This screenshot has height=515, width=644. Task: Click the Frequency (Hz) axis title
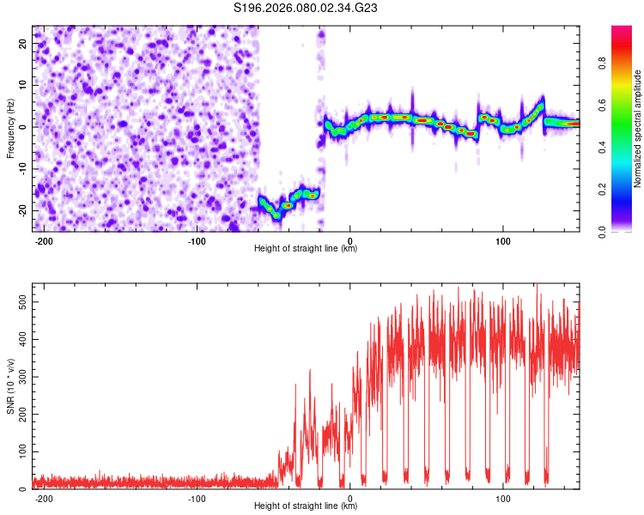(10, 129)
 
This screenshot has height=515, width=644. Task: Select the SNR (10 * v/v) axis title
(10, 385)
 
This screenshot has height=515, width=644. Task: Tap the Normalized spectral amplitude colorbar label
(638, 129)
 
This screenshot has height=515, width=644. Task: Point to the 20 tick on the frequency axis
(24, 43)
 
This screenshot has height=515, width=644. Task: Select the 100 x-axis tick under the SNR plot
(503, 498)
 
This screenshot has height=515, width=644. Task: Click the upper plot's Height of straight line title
(306, 249)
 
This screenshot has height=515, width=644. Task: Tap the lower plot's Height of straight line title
(306, 506)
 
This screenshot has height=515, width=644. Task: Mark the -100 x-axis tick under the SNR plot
(197, 498)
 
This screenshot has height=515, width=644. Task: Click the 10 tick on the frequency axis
(24, 85)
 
